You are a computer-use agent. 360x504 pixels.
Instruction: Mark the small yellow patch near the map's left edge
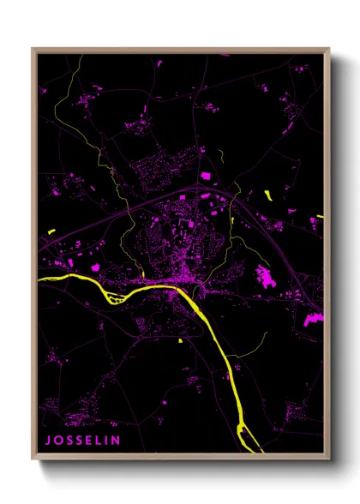(51, 231)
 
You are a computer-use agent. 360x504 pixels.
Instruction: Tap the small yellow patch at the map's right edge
(320, 216)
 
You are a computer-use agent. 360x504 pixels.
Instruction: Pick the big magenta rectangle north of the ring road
(205, 176)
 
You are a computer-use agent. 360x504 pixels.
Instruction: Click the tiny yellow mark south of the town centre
(181, 340)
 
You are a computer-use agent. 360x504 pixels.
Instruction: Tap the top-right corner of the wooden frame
(328, 49)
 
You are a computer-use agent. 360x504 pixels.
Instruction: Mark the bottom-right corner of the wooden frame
(328, 459)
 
